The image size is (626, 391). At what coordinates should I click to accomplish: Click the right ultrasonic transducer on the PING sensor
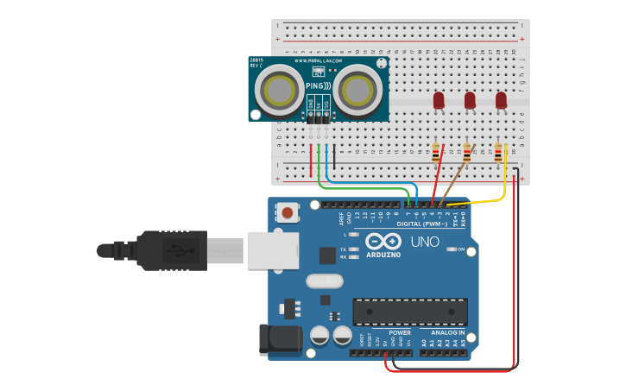[357, 89]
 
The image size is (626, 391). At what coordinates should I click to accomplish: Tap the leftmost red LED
[439, 101]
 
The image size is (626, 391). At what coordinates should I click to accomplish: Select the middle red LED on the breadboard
[470, 101]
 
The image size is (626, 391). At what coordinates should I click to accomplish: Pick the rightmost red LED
[501, 101]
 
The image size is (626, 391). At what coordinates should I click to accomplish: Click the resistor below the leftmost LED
[436, 153]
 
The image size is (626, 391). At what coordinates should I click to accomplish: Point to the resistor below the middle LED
[467, 153]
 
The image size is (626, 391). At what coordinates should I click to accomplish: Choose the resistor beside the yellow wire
[498, 153]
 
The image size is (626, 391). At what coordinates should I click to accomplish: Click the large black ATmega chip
[410, 312]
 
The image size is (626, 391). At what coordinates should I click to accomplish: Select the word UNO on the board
[424, 243]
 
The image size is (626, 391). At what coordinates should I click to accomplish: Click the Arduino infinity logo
[383, 242]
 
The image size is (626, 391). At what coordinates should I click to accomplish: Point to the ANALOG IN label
[443, 332]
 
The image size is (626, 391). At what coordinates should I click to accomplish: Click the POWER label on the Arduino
[400, 332]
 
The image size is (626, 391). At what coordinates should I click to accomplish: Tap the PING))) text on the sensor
[318, 86]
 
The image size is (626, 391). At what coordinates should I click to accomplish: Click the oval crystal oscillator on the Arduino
[324, 281]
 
